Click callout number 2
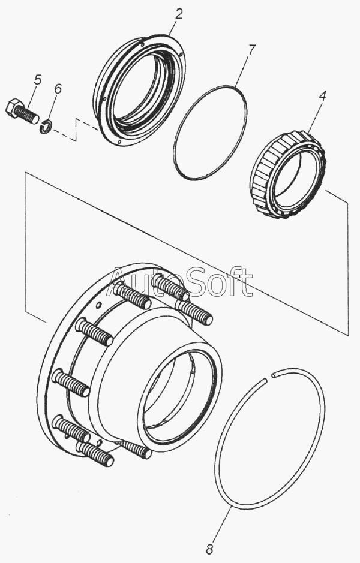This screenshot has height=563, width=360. click(x=179, y=14)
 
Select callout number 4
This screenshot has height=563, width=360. click(x=322, y=96)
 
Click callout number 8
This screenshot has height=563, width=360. click(x=209, y=549)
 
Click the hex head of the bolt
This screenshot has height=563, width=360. click(x=13, y=107)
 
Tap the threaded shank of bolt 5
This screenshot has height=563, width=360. click(x=28, y=115)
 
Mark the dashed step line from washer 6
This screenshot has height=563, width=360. click(x=76, y=130)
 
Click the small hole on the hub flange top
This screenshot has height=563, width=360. click(x=98, y=306)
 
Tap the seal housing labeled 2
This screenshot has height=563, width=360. click(x=140, y=90)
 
